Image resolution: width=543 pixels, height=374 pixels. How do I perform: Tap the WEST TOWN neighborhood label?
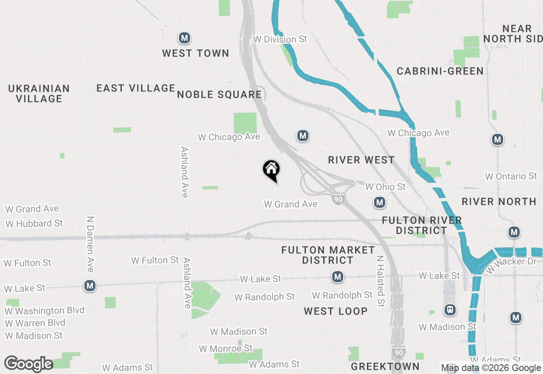click(x=196, y=53)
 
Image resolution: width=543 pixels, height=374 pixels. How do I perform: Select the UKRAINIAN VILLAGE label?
click(x=39, y=93)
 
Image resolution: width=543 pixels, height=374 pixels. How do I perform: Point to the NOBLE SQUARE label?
click(x=219, y=94)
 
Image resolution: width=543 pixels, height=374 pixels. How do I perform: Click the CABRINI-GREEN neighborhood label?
click(x=440, y=71)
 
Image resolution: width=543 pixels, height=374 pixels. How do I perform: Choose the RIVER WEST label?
click(x=361, y=160)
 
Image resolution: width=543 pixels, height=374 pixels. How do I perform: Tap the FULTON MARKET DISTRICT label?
click(x=328, y=255)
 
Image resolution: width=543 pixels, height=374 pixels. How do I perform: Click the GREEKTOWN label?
click(x=385, y=366)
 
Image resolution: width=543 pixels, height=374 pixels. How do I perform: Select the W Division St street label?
click(x=280, y=39)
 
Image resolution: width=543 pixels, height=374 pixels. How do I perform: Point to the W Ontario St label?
click(x=511, y=176)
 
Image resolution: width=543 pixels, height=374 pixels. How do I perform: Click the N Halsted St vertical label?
click(x=380, y=280)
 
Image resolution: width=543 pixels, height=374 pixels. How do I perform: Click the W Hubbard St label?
click(x=34, y=223)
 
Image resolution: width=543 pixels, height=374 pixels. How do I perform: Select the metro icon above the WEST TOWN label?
click(x=184, y=38)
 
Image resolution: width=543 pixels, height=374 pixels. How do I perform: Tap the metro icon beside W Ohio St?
click(x=380, y=202)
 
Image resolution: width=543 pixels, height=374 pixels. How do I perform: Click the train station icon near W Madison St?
click(x=450, y=310)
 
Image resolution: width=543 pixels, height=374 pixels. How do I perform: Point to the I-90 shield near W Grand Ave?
click(x=338, y=199)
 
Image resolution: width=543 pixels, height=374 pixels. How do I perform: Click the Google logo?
click(x=28, y=364)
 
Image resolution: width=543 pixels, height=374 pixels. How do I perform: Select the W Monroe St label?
click(x=226, y=348)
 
